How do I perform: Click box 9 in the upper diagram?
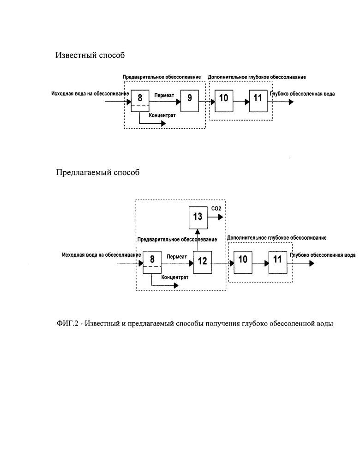click(190, 101)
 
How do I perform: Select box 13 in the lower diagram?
click(198, 218)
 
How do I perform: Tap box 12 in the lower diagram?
click(203, 262)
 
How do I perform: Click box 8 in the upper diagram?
click(140, 101)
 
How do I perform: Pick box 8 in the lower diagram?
click(152, 262)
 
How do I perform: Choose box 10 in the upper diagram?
click(224, 101)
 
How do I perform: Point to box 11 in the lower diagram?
click(277, 262)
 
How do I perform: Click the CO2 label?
click(216, 208)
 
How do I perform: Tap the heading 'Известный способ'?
click(90, 55)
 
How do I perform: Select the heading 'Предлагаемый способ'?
click(98, 172)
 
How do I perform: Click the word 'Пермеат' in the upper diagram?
click(164, 96)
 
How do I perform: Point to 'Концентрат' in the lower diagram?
click(175, 277)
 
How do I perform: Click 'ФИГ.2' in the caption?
click(67, 324)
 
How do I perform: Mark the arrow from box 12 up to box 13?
click(198, 240)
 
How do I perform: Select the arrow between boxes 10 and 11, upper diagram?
click(241, 102)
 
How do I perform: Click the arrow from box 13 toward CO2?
click(216, 217)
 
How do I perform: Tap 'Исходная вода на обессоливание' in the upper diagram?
click(90, 94)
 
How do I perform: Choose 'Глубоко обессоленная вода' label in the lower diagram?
click(323, 255)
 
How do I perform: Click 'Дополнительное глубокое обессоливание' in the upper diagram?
click(257, 77)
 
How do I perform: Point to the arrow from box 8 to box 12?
click(177, 263)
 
